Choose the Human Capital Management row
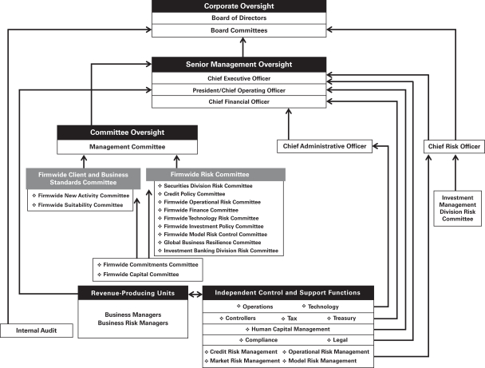coord(290,329)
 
